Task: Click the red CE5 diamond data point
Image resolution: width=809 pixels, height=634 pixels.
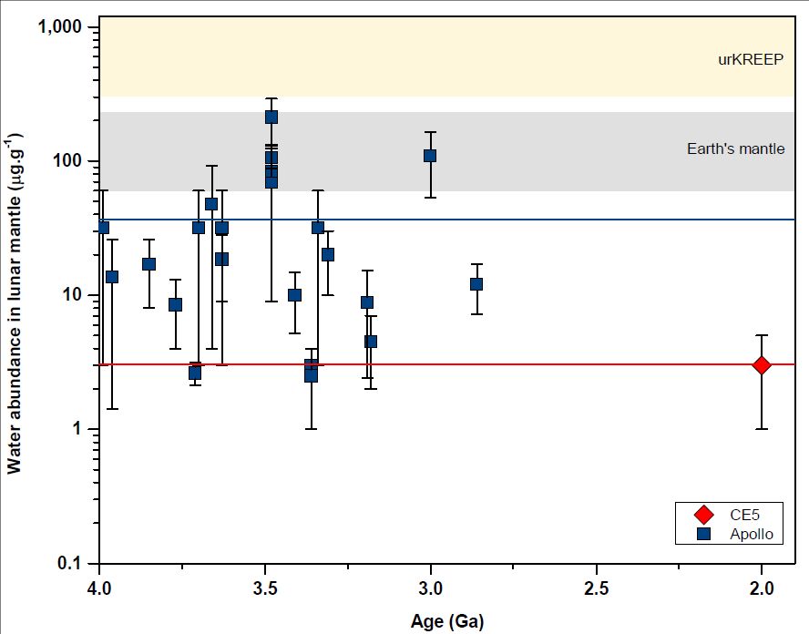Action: pos(762,364)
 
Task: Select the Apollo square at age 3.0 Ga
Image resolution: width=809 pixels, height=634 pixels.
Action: pos(430,156)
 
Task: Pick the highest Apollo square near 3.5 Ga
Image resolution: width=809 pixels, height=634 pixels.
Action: pos(271,117)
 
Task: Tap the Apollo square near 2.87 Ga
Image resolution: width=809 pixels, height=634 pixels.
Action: pos(476,284)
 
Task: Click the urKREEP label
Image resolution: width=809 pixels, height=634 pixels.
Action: pos(751,61)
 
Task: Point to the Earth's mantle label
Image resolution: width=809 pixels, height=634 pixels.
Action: pos(735,148)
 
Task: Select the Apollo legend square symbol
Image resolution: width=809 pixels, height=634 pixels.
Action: pos(702,535)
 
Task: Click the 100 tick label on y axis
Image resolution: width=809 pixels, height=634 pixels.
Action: pos(72,162)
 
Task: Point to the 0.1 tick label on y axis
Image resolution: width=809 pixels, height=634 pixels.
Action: pos(72,563)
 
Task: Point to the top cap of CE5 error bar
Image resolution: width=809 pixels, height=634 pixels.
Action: pos(762,335)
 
